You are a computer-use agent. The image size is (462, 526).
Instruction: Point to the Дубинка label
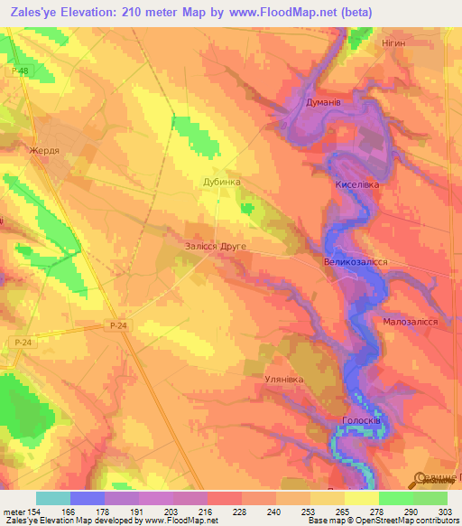(x=221, y=182)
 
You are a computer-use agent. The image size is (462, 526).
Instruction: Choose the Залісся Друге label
(x=214, y=246)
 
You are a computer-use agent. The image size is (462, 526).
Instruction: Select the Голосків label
(x=365, y=421)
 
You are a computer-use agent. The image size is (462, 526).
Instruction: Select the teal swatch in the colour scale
(x=53, y=498)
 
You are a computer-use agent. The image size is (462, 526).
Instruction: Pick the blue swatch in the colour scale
(x=88, y=498)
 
